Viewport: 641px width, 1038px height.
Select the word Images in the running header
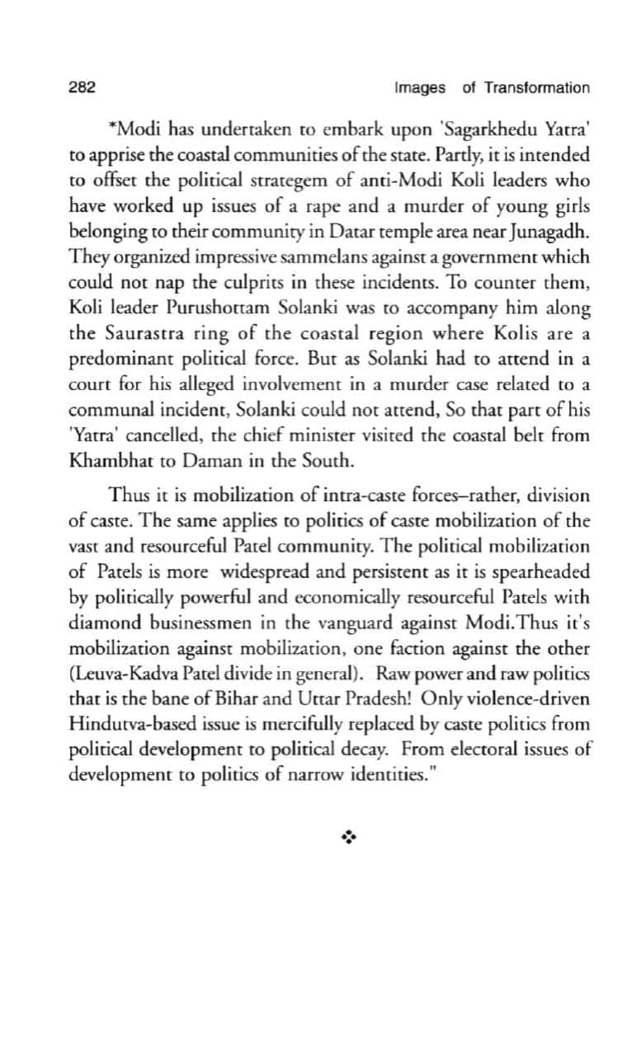pyautogui.click(x=420, y=87)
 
